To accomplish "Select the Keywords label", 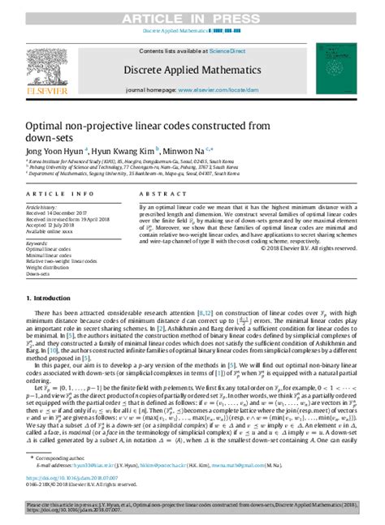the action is [41, 243].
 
